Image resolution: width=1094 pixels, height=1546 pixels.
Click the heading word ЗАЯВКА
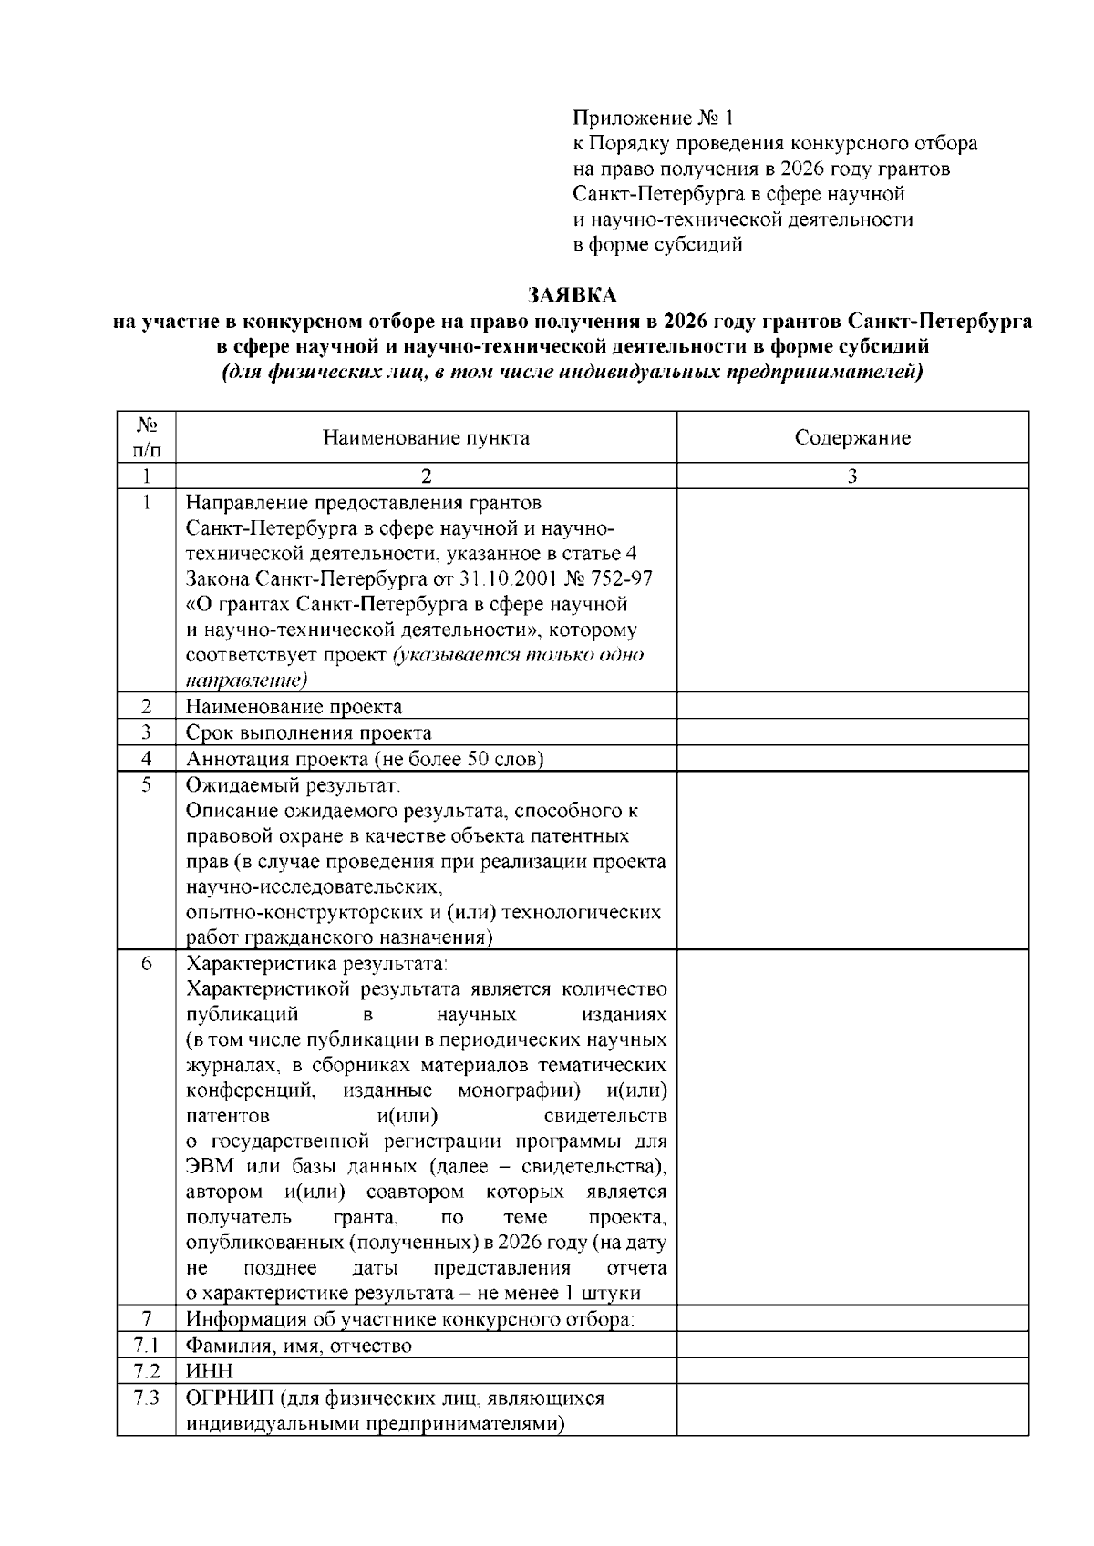click(573, 295)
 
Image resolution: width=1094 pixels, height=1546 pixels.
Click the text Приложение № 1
click(653, 118)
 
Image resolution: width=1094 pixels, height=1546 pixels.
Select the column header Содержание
click(852, 438)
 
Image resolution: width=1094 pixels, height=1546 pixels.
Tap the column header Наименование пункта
click(426, 438)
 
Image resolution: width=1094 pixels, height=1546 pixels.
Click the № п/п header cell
click(146, 437)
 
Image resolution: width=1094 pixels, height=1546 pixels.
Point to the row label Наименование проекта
click(294, 707)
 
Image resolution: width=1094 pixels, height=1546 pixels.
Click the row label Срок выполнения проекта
click(309, 732)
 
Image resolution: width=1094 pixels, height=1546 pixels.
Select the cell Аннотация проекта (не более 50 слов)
click(365, 759)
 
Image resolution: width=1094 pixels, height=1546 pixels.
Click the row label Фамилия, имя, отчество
click(298, 1346)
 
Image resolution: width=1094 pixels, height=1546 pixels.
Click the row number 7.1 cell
click(146, 1346)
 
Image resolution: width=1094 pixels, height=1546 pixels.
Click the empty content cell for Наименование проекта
click(852, 707)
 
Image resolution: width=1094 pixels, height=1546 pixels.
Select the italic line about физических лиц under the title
click(573, 373)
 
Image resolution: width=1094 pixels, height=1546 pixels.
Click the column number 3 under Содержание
click(852, 476)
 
